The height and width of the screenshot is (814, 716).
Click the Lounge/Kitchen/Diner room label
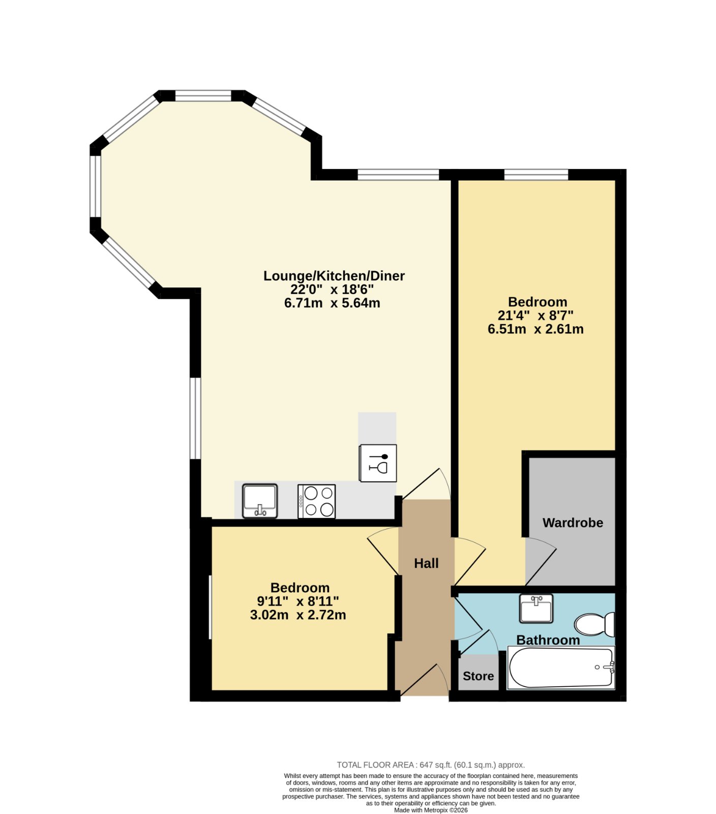coord(334,276)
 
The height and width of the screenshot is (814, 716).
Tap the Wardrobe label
coord(573,522)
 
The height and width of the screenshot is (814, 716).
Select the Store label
coord(478,676)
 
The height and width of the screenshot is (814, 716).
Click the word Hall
coord(426,563)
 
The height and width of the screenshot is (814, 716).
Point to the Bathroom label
coord(548,639)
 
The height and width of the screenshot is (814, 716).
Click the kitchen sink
coord(260,501)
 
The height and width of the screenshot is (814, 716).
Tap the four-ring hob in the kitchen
coord(316,501)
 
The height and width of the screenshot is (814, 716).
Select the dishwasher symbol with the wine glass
coord(378,463)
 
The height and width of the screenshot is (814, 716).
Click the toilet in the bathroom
coord(594,624)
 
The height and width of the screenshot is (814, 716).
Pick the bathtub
coord(561,667)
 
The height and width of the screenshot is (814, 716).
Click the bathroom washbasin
coord(536,608)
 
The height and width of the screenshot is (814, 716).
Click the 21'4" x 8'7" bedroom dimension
coord(535,315)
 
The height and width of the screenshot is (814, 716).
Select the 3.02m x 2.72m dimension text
coord(298,615)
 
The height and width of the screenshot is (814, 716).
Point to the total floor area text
coord(431,765)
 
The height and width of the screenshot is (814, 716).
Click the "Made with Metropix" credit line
coord(431,810)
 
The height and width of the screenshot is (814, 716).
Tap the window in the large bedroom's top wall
coord(536,175)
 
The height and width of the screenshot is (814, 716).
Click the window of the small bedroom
coord(210,607)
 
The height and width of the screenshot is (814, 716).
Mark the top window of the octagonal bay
coord(203,96)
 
